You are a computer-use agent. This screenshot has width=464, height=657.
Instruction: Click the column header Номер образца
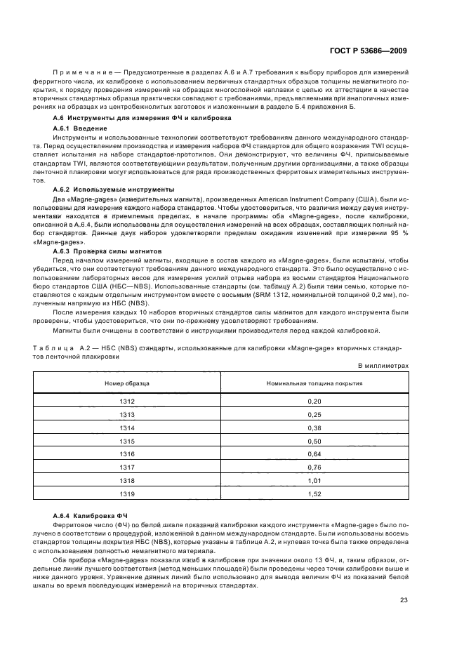[x=126, y=383]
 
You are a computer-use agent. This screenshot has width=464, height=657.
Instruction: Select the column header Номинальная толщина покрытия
[x=314, y=383]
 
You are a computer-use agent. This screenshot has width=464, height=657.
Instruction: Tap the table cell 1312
[x=127, y=401]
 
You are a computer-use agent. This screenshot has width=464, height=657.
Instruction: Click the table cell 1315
[x=127, y=441]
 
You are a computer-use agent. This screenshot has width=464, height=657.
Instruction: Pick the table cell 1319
[x=127, y=494]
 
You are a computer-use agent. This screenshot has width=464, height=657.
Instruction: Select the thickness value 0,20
[x=314, y=401]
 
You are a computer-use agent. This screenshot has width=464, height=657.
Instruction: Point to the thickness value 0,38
[x=314, y=427]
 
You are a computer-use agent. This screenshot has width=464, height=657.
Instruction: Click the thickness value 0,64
[x=314, y=454]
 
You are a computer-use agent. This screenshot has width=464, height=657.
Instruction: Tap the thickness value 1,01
[x=314, y=481]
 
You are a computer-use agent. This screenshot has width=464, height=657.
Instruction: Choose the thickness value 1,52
[x=314, y=494]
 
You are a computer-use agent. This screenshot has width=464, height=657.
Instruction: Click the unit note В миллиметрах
[x=383, y=366]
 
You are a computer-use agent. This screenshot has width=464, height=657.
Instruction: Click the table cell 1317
[x=127, y=467]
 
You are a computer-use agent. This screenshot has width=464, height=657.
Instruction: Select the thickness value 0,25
[x=314, y=414]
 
